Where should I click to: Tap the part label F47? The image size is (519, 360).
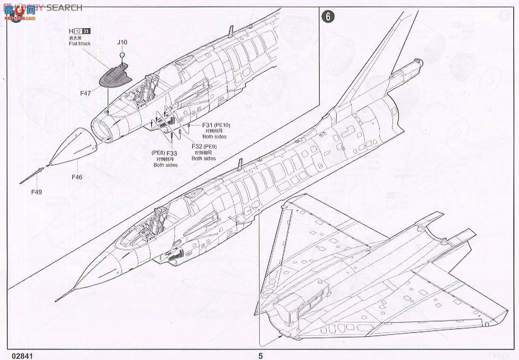pyautogui.click(x=86, y=93)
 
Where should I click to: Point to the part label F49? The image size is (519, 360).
pyautogui.click(x=36, y=191)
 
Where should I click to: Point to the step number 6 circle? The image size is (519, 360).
pyautogui.click(x=328, y=16)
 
